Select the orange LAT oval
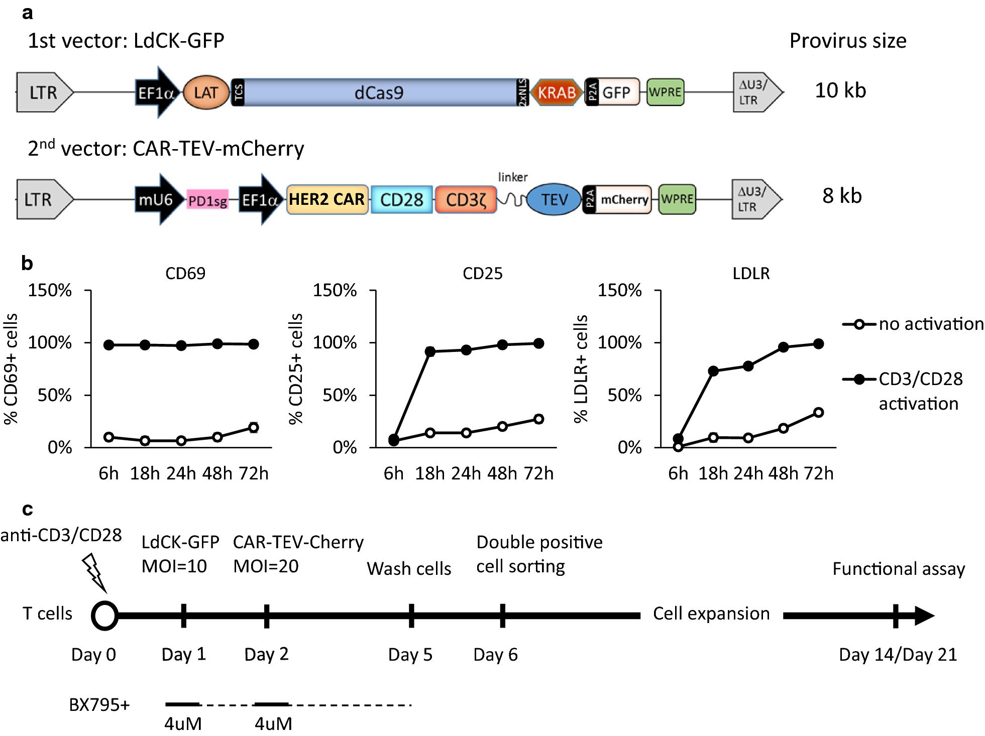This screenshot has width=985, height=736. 205,92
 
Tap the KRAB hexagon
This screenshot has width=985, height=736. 556,92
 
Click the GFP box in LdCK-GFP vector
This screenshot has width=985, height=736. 617,92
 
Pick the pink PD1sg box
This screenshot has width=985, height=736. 207,201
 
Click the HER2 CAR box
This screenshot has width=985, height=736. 326,199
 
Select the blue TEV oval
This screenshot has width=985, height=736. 554,199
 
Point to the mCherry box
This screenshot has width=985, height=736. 624,199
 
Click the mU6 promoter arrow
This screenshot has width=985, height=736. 157,199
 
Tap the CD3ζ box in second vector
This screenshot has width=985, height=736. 465,199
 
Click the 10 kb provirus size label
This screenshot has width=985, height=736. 840,90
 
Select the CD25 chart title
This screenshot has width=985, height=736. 482,273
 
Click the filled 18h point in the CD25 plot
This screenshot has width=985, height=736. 430,351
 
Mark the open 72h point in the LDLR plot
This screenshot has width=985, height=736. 818,412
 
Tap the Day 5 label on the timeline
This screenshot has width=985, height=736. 410,655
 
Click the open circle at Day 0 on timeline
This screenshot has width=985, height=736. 104,616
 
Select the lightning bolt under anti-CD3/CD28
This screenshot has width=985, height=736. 95,572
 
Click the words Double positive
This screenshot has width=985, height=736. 539,542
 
